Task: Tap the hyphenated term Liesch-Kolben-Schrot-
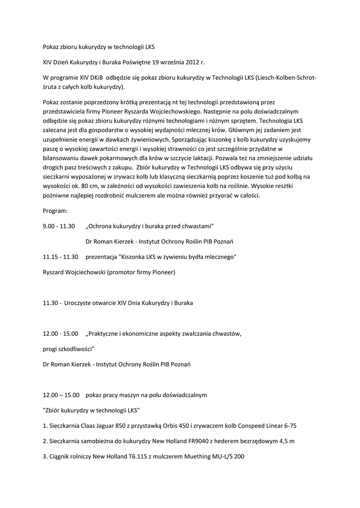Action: (x=287, y=78)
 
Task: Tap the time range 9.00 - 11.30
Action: (x=59, y=226)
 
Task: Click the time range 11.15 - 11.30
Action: (x=61, y=257)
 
